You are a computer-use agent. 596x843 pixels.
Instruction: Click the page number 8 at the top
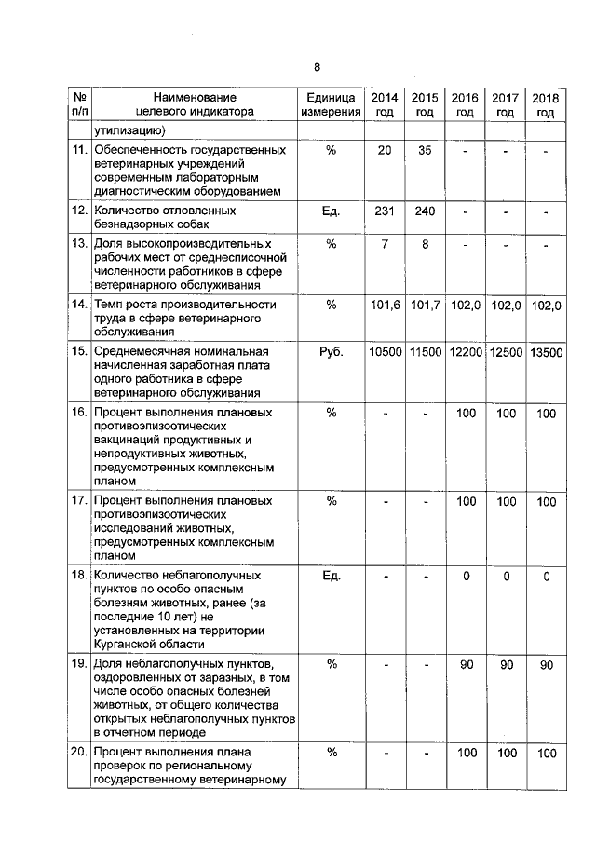coord(317,67)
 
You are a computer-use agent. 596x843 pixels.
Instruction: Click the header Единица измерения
coord(330,104)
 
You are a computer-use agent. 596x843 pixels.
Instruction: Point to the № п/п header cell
coord(80,104)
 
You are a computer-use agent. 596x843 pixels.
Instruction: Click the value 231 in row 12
coord(385,211)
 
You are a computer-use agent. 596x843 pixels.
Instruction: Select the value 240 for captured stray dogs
coord(425,211)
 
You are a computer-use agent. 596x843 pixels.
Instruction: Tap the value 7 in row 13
coord(385,244)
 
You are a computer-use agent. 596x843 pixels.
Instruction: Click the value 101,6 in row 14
coord(385,306)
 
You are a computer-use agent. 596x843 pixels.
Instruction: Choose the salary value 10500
coord(385,352)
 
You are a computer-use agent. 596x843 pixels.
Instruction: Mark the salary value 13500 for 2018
coord(547,352)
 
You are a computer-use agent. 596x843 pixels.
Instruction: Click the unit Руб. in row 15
coord(331,352)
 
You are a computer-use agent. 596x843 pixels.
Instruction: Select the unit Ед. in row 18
coord(331,577)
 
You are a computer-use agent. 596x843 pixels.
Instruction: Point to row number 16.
coord(79,412)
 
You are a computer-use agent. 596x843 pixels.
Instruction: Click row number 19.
coord(79,664)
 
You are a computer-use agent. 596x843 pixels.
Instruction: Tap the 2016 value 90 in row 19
coord(466,664)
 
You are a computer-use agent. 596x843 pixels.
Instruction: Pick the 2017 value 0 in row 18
coord(506,577)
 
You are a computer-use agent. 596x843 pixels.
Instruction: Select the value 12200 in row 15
coord(466,352)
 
